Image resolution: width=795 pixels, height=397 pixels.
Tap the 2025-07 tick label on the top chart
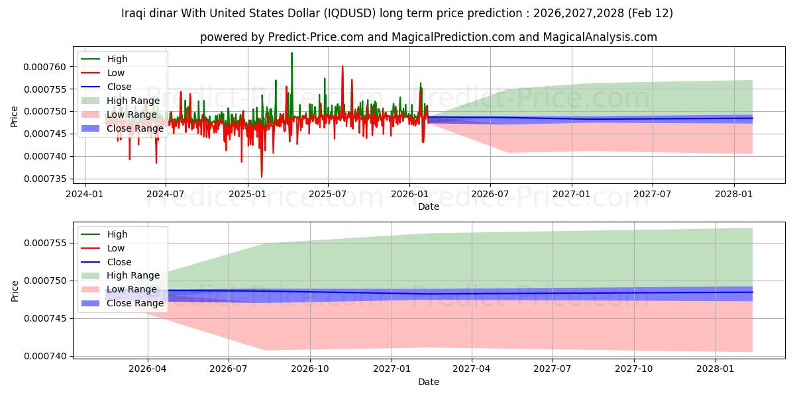coord(328,195)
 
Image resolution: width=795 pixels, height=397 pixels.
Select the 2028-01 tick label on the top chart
coord(734,195)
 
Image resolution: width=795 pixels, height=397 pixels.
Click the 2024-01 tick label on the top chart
coord(85,195)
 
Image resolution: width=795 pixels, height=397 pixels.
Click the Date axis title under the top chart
coord(429,206)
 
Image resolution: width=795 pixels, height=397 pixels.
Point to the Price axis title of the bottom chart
coord(15,291)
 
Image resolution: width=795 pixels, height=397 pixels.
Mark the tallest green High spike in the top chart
coord(291,53)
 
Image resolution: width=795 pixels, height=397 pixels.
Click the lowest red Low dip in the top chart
coord(262,177)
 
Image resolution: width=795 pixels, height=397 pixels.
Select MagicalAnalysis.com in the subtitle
coord(600,37)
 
